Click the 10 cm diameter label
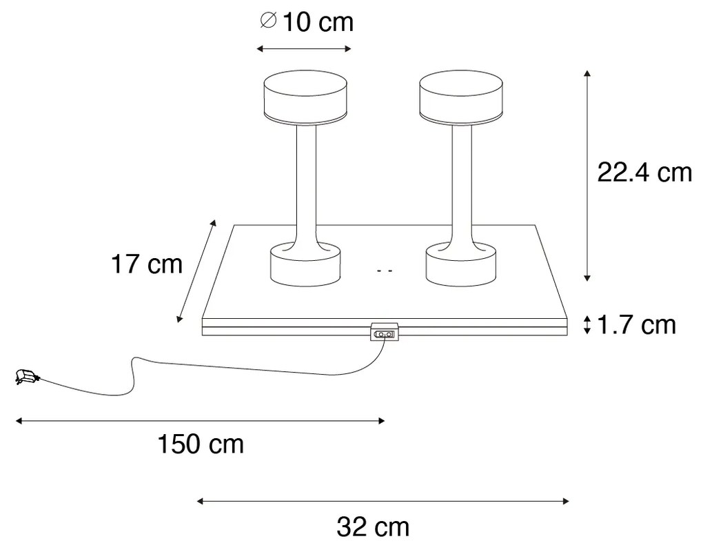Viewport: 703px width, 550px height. point(306,22)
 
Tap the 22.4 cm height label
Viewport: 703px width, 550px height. point(644,173)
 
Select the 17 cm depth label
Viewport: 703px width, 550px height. point(147,264)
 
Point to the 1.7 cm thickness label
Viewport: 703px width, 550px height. point(637,324)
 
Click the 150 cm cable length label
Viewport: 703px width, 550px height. point(201,444)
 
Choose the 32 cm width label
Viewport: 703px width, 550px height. point(374,527)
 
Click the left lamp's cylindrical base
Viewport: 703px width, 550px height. point(304,266)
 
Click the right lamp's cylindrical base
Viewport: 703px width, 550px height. point(460,266)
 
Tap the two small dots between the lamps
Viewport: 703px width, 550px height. point(385,272)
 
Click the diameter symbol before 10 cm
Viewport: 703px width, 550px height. point(267,22)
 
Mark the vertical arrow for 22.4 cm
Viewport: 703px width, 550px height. point(587,175)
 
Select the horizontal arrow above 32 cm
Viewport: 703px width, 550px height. point(383,500)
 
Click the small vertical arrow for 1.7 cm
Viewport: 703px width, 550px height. point(587,324)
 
